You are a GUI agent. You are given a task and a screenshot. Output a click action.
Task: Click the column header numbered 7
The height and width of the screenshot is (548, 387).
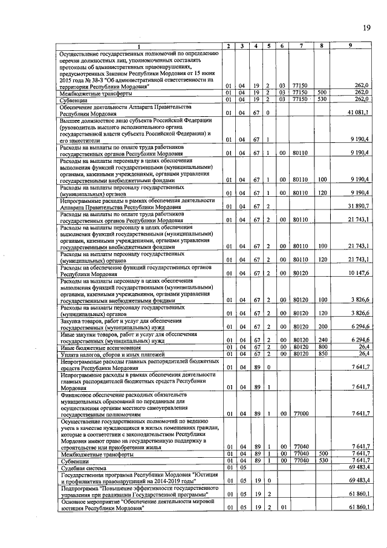pos(299,47)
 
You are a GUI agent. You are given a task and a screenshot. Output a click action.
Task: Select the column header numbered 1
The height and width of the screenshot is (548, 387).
pos(138,47)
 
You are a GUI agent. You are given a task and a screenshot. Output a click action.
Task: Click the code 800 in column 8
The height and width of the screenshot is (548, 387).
pos(323,347)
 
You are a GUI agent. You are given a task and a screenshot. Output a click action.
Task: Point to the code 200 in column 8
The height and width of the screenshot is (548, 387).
pos(323,327)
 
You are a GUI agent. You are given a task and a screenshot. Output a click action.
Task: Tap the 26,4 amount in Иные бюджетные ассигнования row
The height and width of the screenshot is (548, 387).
pos(363,347)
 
